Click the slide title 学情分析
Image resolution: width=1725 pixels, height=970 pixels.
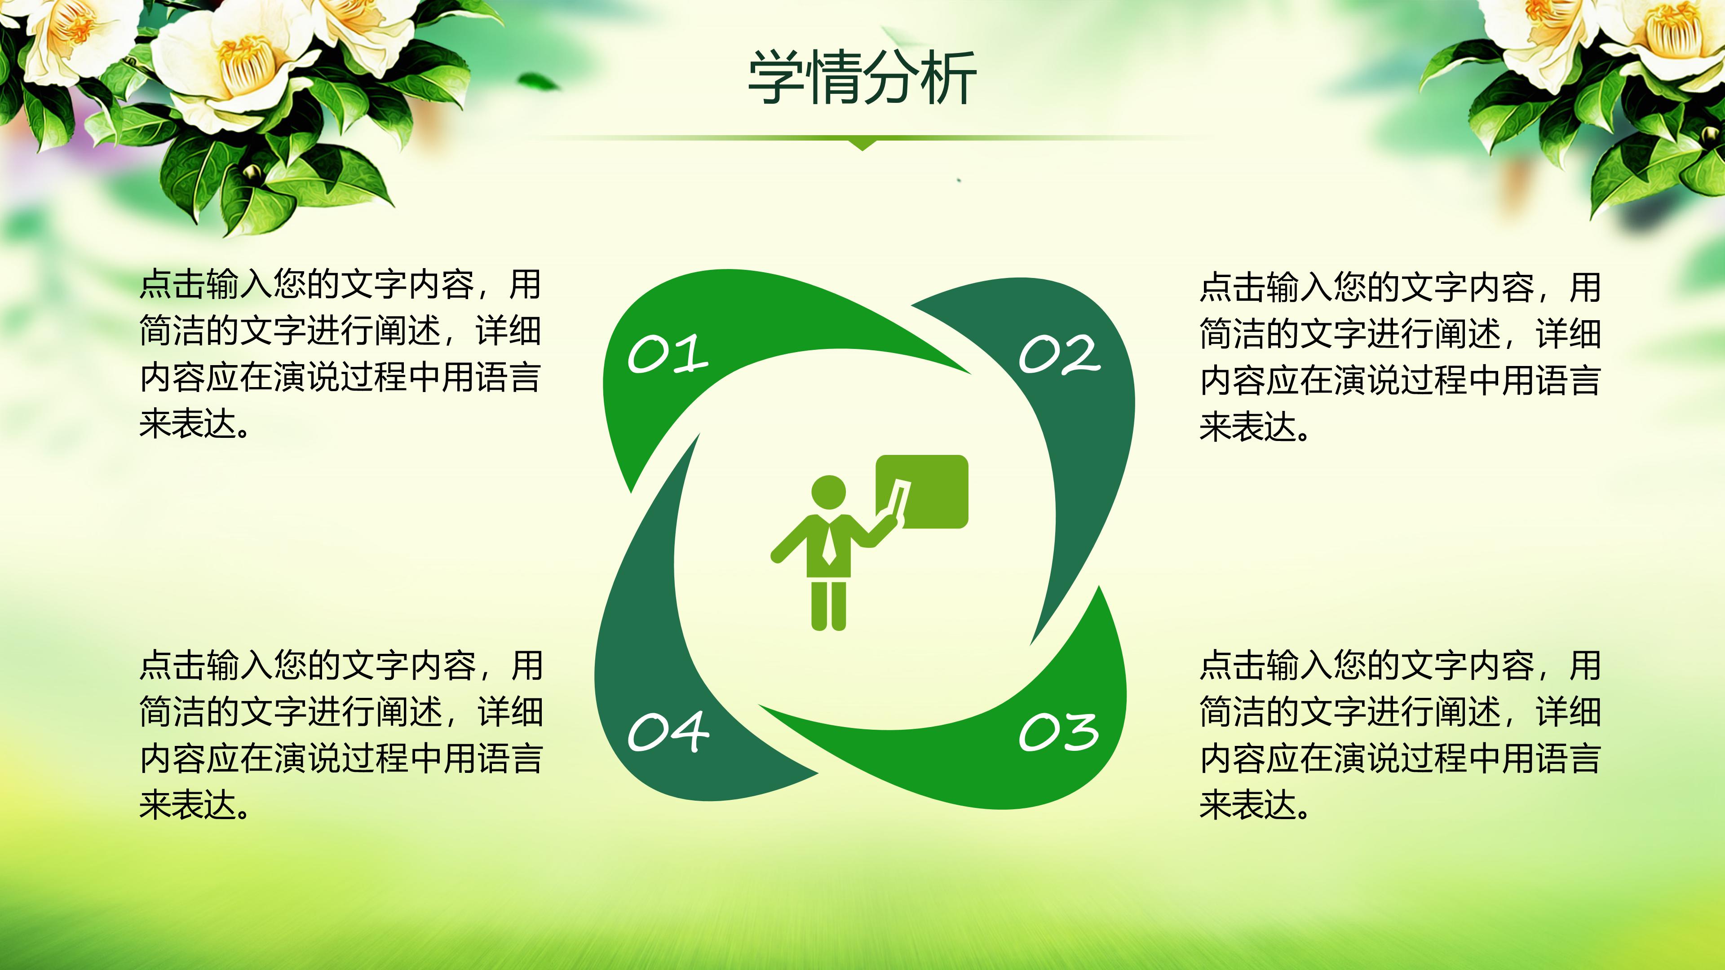862,79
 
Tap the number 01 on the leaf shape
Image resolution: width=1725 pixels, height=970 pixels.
668,353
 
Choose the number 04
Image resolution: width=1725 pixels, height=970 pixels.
668,731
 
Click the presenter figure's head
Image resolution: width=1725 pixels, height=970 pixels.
828,491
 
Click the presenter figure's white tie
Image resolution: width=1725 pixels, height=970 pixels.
828,543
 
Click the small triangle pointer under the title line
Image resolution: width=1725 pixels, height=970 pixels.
862,144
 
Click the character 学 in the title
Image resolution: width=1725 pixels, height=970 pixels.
775,79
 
